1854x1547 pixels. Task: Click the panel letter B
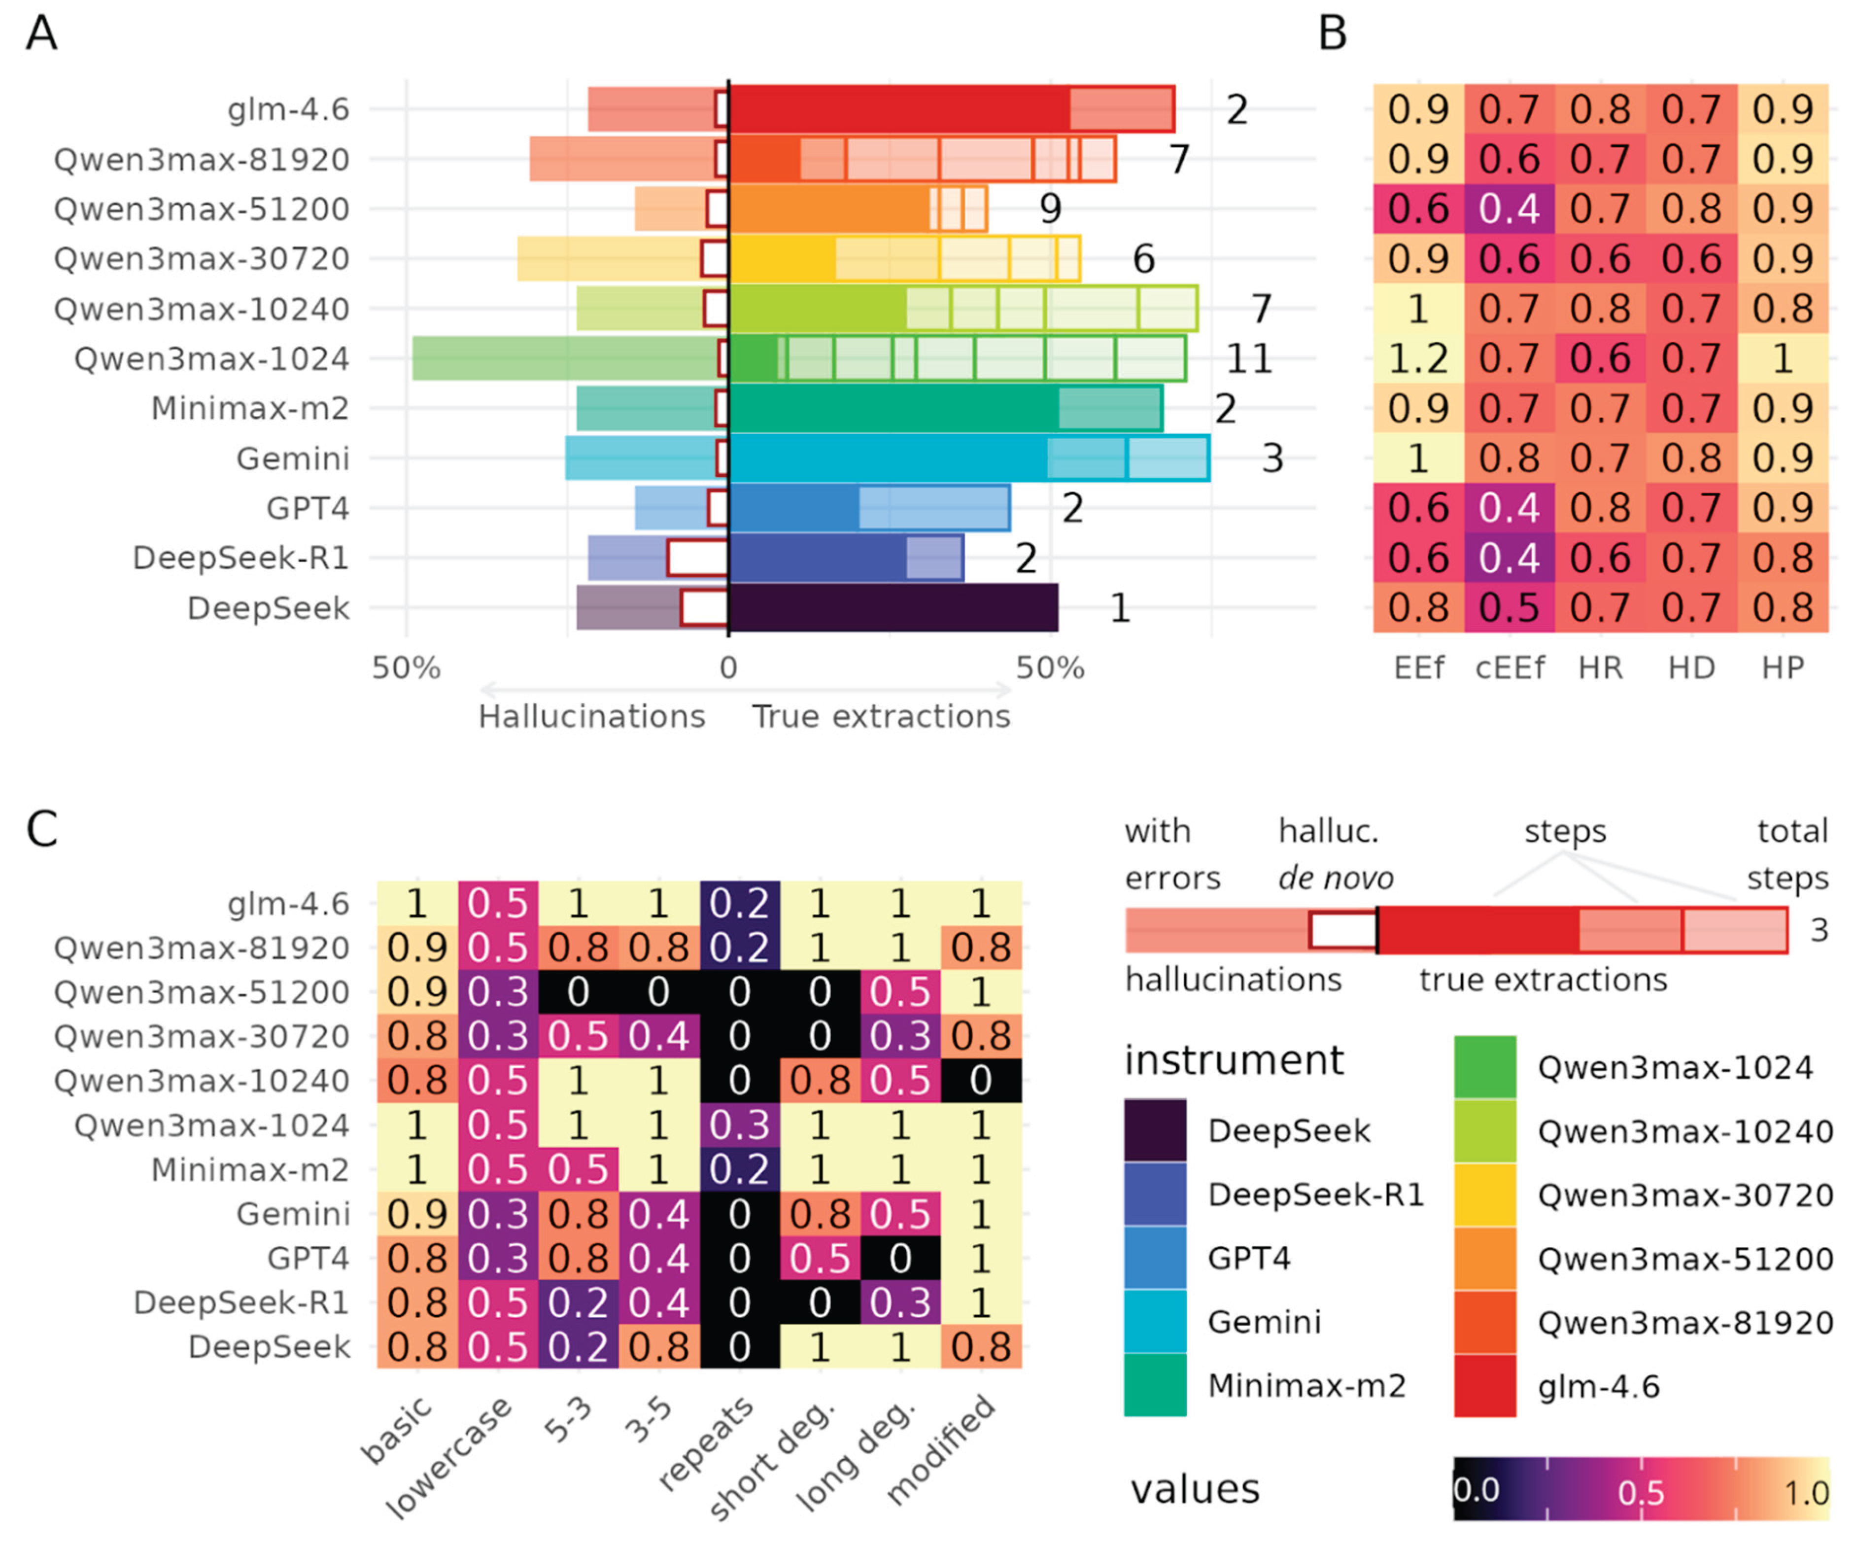1332,34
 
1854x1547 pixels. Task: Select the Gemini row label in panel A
293,458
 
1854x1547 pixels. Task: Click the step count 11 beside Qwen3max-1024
1248,358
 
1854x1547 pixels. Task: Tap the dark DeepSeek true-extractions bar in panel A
893,607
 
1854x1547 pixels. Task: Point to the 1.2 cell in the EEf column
1418,358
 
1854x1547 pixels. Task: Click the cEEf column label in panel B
1510,668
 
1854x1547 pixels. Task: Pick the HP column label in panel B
1783,668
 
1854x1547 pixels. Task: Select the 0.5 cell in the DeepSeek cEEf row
1510,607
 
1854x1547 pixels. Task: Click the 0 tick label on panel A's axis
728,668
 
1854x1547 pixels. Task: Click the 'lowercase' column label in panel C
448,1457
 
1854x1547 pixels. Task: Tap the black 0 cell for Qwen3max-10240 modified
980,1080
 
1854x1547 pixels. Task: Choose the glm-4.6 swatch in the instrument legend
1485,1385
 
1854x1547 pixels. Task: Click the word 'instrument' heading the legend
1234,1059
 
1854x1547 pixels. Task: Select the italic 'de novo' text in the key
1336,878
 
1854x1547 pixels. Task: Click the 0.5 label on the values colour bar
1640,1492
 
